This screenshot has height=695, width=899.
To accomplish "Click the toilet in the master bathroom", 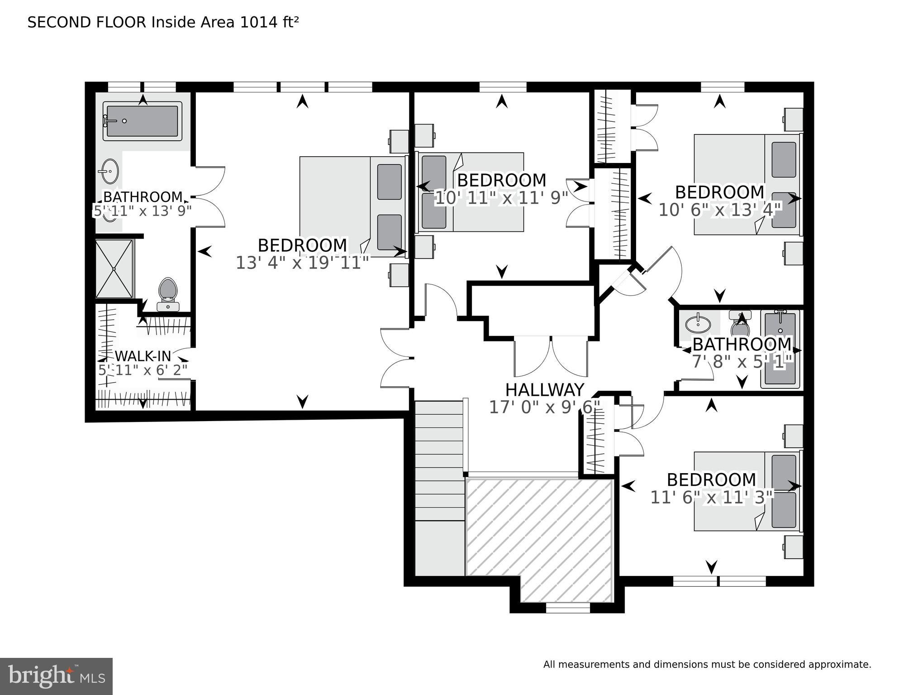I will (x=168, y=292).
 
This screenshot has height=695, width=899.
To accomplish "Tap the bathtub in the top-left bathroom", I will (x=143, y=121).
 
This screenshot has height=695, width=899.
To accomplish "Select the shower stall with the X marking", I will (x=114, y=269).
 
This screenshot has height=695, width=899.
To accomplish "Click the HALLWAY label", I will (x=544, y=390).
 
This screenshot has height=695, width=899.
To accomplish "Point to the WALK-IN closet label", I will (x=143, y=356).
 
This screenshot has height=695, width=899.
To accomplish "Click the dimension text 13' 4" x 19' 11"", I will (x=302, y=263).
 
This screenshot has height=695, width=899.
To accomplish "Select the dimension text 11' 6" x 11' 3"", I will (x=712, y=498).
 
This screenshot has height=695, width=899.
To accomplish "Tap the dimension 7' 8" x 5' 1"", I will (x=742, y=362).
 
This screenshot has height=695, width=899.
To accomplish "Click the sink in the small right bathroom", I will (x=698, y=324).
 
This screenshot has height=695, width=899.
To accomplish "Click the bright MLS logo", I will (x=56, y=676).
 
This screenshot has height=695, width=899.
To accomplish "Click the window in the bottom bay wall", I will (x=568, y=608).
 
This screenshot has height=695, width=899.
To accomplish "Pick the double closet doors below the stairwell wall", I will (x=551, y=356).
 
